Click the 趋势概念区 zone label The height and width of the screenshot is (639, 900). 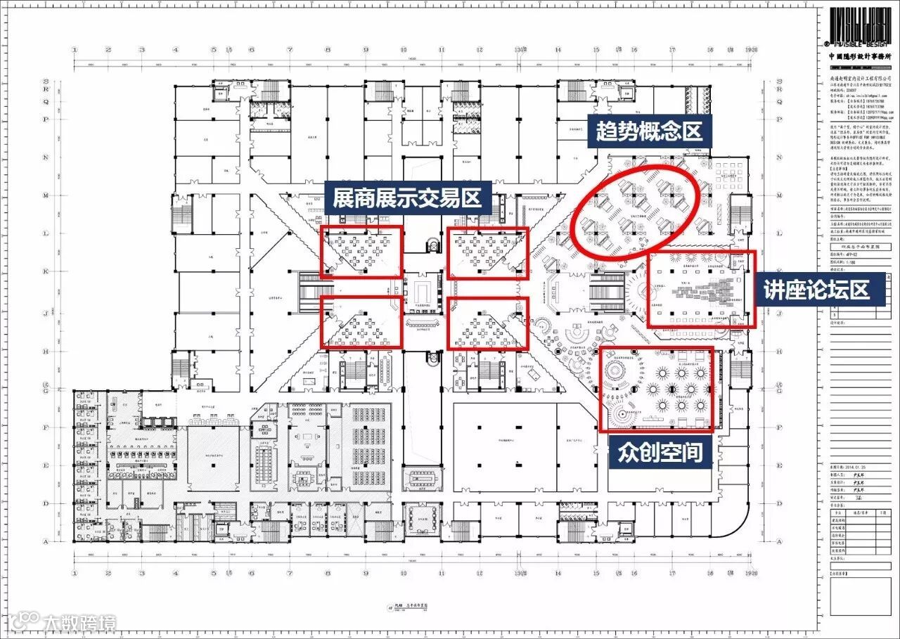pos(648,131)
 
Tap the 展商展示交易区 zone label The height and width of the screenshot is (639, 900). pos(407,199)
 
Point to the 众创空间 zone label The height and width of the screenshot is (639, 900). pos(660,452)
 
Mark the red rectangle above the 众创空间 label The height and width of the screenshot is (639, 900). pos(657,389)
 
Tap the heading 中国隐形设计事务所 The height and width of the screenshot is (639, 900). pos(860,57)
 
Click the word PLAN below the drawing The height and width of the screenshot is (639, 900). pos(398,604)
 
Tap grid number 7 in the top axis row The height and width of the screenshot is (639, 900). pos(289,51)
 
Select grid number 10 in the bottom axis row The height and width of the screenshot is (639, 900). pos(404,573)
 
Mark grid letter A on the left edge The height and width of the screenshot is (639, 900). pos(46,542)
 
